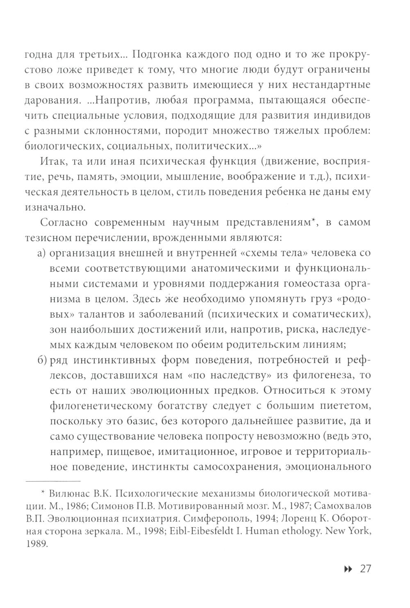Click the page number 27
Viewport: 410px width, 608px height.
pyautogui.click(x=365, y=569)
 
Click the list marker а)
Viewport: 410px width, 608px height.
pyautogui.click(x=41, y=253)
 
